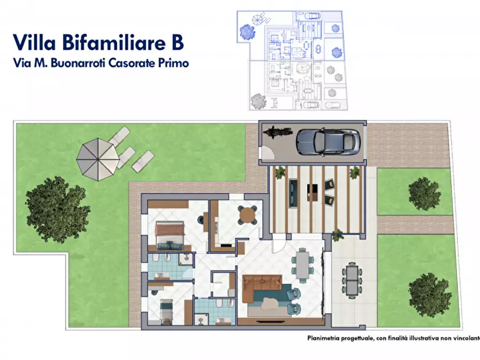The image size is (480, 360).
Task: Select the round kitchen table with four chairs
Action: (x=248, y=214)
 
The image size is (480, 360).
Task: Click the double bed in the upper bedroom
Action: (x=170, y=237)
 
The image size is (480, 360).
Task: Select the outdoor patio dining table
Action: (x=352, y=280)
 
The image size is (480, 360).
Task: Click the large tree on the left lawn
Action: (x=57, y=210)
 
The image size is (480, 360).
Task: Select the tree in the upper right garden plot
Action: (x=425, y=194)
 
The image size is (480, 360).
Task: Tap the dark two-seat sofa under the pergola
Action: (x=293, y=192)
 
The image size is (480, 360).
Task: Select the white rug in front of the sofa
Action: (x=269, y=304)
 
